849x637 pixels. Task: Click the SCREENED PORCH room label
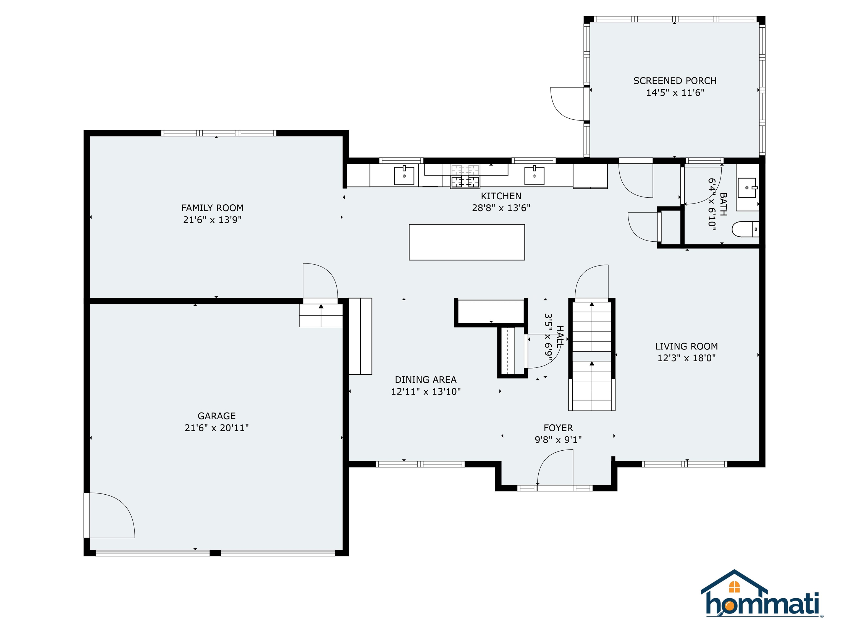(x=675, y=81)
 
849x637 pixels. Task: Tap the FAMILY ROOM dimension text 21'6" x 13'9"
(x=212, y=220)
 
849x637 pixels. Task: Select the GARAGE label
(x=216, y=416)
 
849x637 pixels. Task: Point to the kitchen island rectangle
(x=467, y=242)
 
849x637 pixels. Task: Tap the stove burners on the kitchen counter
(x=465, y=181)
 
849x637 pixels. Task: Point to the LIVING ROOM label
(x=686, y=346)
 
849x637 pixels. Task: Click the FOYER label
(x=558, y=428)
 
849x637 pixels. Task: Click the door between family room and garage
(x=320, y=282)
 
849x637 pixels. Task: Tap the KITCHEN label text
(x=501, y=196)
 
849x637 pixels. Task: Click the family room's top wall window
(x=218, y=133)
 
